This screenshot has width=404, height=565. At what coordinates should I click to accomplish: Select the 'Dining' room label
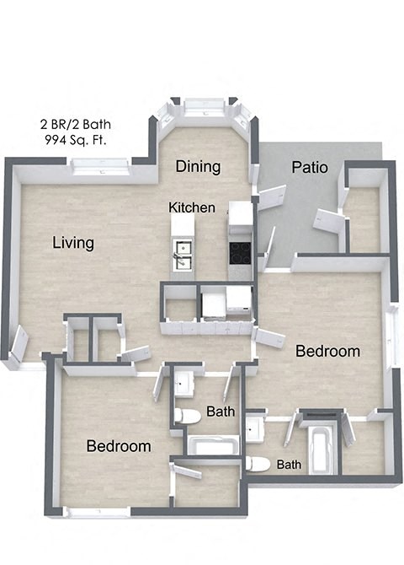[198, 166]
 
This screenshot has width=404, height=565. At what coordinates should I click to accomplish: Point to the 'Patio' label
[310, 167]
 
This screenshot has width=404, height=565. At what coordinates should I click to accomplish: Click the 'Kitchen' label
[192, 207]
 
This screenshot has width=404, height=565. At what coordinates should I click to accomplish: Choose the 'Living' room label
[73, 244]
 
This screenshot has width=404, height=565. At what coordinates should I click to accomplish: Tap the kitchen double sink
[183, 250]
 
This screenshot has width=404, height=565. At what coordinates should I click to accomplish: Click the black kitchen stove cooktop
[241, 252]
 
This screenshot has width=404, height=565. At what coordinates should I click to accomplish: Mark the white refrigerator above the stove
[241, 216]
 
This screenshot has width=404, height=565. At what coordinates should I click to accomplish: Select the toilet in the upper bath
[188, 415]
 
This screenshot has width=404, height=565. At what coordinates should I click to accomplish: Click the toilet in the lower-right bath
[258, 463]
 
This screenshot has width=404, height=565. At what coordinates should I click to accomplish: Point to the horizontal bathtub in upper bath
[213, 444]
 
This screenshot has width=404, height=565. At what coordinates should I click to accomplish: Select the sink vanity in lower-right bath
[255, 431]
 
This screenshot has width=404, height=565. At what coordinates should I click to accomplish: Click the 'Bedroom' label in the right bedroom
[327, 351]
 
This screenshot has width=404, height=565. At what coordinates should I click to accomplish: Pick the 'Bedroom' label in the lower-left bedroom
[119, 446]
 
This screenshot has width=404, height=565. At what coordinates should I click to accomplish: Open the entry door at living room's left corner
[18, 343]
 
